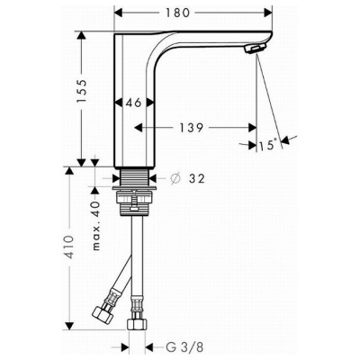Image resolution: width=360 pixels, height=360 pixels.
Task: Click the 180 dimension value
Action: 178,13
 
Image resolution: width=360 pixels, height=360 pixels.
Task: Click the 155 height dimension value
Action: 81,91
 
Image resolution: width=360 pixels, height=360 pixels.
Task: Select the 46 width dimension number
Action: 133,103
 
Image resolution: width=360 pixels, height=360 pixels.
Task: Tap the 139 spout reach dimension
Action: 192,128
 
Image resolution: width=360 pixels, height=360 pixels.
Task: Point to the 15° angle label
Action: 268,146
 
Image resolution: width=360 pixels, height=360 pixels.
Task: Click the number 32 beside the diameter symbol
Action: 197,179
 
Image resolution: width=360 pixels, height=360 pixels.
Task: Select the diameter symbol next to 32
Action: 175,179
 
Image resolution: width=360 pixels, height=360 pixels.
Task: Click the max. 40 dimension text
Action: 96,226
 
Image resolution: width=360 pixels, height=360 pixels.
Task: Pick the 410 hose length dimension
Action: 69,247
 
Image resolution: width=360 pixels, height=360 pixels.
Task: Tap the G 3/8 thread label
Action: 184,347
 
